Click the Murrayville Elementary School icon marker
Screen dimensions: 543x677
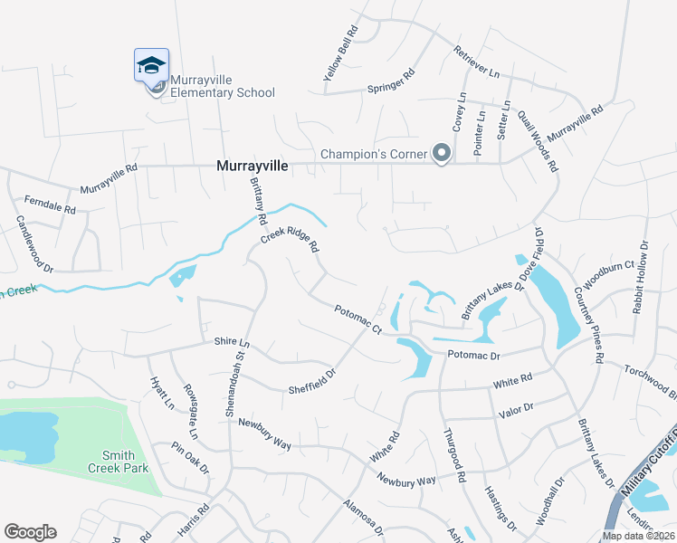pos(151,65)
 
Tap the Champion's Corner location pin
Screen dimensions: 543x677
pos(441,153)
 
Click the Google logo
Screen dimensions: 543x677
pos(30,532)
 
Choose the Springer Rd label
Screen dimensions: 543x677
pos(390,81)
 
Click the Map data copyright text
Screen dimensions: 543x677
pos(638,536)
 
